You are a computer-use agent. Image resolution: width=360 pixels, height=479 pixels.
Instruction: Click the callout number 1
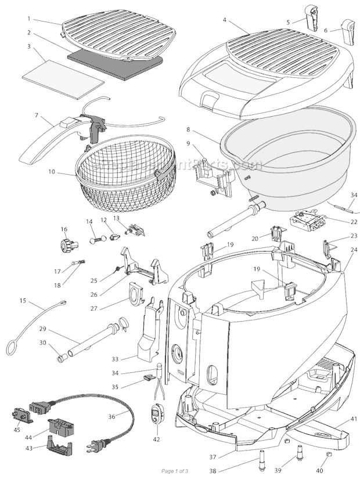[28, 19]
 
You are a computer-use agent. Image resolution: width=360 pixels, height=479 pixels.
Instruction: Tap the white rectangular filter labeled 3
[63, 80]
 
